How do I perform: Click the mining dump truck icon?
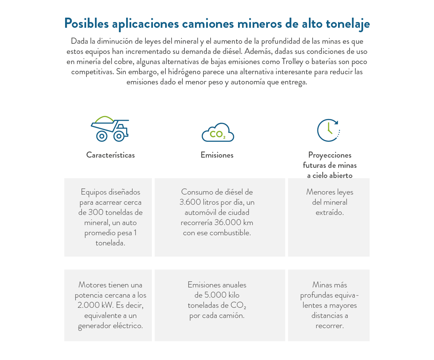coord(110,129)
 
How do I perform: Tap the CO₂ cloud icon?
coord(218,133)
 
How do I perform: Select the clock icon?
coord(328,130)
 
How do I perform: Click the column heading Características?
coord(110,155)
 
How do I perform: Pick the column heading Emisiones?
coord(217,155)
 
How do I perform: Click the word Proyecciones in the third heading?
coord(330,155)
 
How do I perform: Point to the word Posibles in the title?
coord(86,24)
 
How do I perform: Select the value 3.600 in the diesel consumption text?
coord(190,202)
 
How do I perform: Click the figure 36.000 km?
coord(234,223)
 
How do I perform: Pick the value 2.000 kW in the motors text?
coord(95,305)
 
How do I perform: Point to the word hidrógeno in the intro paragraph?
coord(184,72)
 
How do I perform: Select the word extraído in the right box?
coord(330,213)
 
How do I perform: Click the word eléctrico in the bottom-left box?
coord(128,326)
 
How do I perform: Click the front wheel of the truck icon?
coord(119,136)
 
